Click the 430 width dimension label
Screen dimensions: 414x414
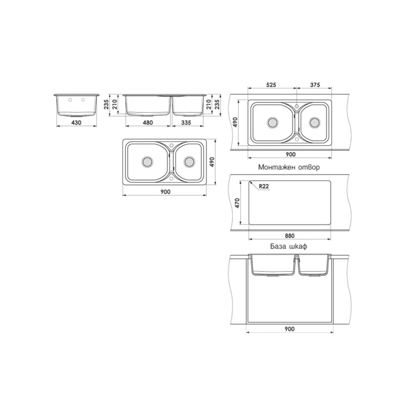pyautogui.click(x=76, y=123)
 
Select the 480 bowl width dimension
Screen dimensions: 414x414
pyautogui.click(x=147, y=123)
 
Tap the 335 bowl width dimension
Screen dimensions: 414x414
pyautogui.click(x=186, y=123)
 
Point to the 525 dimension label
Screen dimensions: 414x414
pyautogui.click(x=271, y=85)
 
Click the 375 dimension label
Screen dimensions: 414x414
pyautogui.click(x=315, y=85)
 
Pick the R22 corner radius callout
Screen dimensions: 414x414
pyautogui.click(x=264, y=186)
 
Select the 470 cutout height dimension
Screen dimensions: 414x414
pyautogui.click(x=237, y=203)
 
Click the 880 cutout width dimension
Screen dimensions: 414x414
pyautogui.click(x=290, y=235)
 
